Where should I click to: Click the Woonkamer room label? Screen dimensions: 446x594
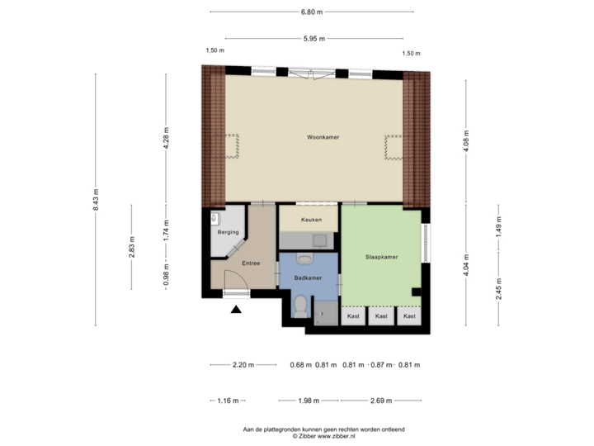point(323,137)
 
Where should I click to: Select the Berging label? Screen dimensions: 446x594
point(228,233)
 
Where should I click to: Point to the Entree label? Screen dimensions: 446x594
point(251,263)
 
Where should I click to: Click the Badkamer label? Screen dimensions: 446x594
point(309,278)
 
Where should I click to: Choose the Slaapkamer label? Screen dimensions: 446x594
point(381,257)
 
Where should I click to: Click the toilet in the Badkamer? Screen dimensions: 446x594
point(301,307)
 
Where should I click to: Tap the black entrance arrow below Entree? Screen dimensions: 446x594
point(237,310)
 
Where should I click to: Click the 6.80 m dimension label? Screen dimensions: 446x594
point(312,12)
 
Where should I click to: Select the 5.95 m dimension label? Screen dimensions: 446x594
point(314,38)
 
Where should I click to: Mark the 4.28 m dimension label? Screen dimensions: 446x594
point(166,136)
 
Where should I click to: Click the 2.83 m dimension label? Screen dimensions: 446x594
point(132,247)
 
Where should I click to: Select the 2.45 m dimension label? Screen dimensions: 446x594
point(497,288)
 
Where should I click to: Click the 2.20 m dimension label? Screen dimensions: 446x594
point(244,364)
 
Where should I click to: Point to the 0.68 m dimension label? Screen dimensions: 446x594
point(299,364)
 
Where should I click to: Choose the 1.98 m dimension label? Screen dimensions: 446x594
point(307,401)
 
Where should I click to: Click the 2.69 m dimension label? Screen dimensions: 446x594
point(380,401)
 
